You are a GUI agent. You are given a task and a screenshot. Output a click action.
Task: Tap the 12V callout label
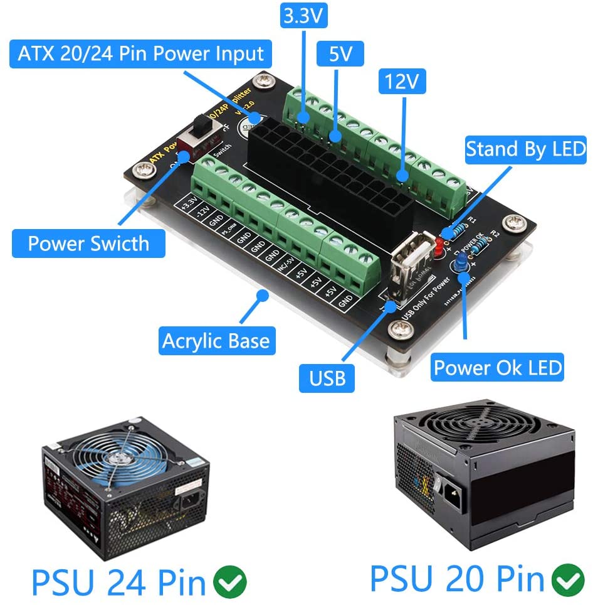coord(402,82)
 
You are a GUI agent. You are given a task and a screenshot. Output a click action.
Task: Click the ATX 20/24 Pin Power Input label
coord(140,53)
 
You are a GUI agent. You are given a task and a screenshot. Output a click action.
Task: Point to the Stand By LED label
coord(525,149)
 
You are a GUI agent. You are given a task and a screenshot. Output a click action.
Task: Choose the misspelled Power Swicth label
coord(88,243)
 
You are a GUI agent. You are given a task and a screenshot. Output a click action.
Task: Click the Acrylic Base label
coord(215,341)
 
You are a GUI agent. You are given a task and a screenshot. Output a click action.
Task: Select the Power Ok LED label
coord(498,367)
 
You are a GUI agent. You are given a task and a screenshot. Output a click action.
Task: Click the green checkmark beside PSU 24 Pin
coord(230,583)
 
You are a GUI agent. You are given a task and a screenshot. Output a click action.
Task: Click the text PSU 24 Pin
coord(118,583)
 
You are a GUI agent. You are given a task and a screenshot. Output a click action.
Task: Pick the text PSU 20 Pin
coord(457,579)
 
